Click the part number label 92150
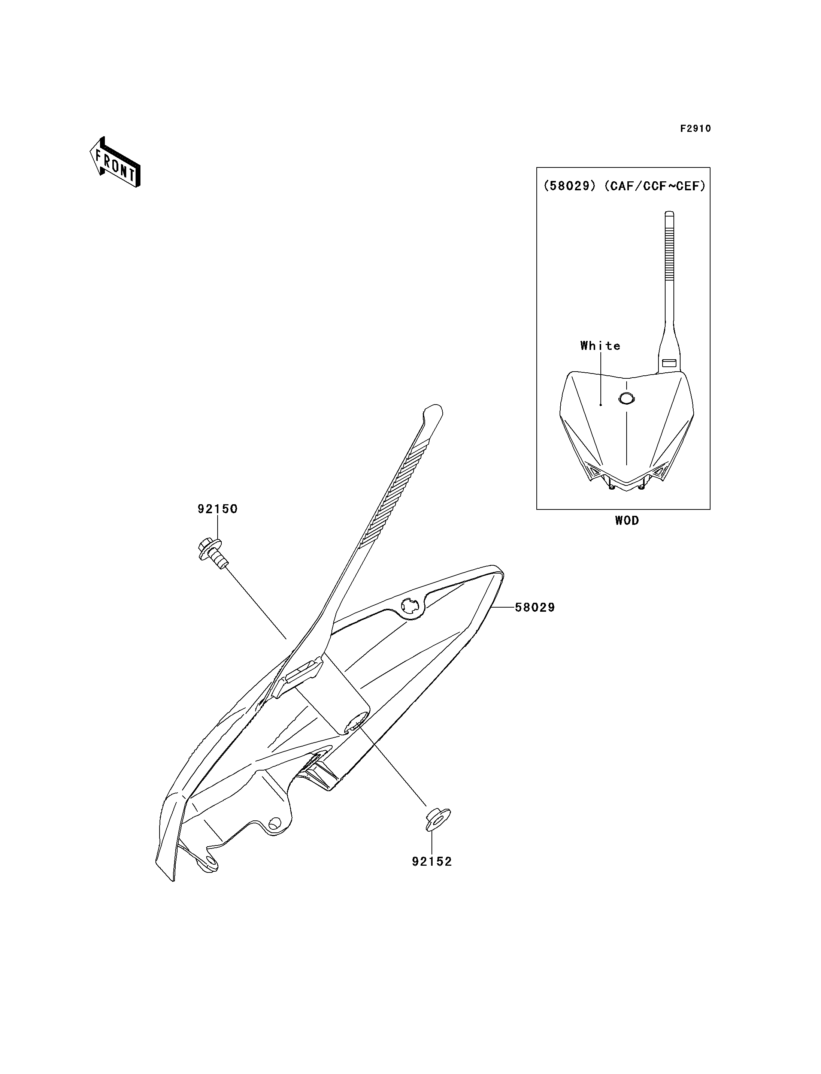[218, 509]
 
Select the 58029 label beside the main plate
[535, 607]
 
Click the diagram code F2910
[696, 128]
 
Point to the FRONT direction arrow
[115, 163]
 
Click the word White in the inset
[601, 346]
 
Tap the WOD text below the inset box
[627, 521]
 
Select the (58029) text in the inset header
[570, 186]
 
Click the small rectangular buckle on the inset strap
[669, 363]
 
